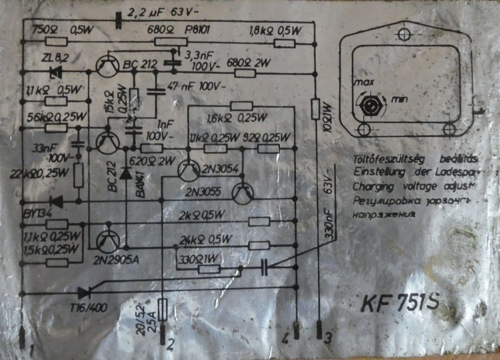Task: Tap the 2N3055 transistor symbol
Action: click(x=242, y=192)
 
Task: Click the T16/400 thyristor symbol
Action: click(x=84, y=292)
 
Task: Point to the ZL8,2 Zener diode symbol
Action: click(x=56, y=71)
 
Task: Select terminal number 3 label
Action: click(x=328, y=337)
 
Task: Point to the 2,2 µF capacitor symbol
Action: click(x=118, y=21)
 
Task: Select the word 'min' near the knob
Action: click(x=399, y=99)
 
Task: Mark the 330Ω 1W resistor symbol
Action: click(x=209, y=269)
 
